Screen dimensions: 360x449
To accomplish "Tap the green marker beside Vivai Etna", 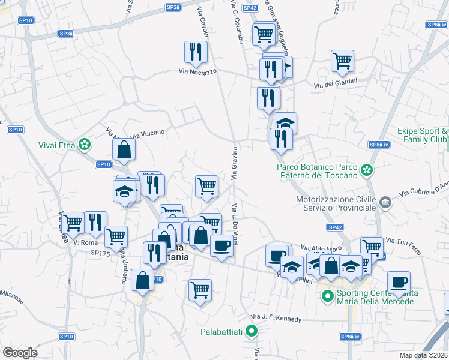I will click(x=85, y=144).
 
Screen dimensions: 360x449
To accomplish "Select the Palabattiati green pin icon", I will click(x=253, y=331).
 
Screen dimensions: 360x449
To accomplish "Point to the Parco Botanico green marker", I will click(x=367, y=171).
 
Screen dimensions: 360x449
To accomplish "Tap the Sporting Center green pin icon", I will click(x=328, y=296).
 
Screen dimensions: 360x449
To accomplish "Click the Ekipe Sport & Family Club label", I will click(x=423, y=135).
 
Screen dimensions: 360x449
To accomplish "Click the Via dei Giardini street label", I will click(x=336, y=82).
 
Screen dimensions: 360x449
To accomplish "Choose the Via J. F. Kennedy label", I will click(x=276, y=318).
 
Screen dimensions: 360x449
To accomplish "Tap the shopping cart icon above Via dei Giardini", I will click(x=342, y=59).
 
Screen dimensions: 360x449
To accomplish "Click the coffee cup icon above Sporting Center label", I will click(x=399, y=282).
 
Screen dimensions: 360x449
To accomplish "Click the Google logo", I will click(x=20, y=353).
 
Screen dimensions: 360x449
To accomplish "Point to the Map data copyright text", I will click(x=423, y=355).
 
